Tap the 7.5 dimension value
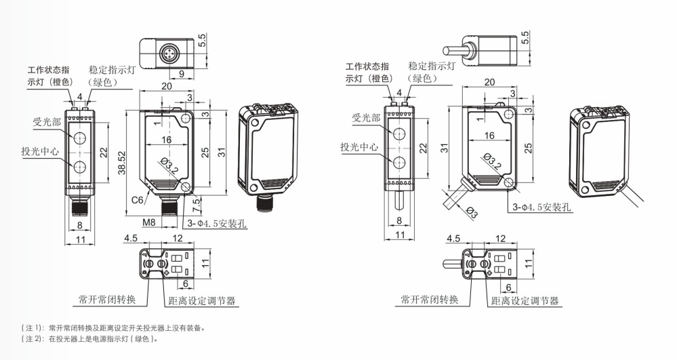197,201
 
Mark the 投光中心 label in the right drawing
359,146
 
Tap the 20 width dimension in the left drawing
167,86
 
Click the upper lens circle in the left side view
80,139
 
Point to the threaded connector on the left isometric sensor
264,203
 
